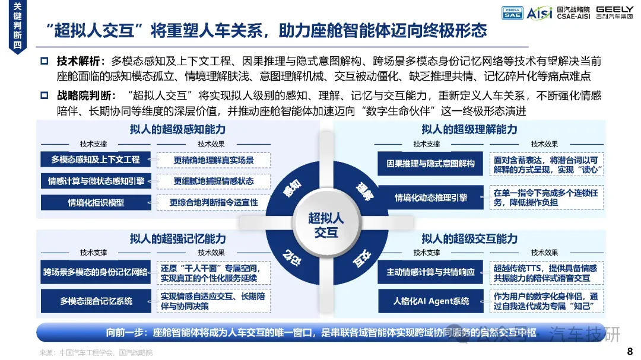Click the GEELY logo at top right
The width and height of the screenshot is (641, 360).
615,12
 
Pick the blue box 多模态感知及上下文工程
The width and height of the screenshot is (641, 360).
96,160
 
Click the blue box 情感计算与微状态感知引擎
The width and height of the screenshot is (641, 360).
96,181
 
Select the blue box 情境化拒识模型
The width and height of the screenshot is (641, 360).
96,202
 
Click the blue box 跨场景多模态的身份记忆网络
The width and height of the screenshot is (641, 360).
96,272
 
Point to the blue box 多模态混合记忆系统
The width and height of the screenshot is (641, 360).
96,301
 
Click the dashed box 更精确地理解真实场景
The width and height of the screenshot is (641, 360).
214,160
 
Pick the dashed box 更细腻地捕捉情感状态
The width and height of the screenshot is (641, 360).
214,181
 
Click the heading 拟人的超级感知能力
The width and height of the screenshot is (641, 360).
177,129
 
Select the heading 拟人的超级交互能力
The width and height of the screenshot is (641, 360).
469,239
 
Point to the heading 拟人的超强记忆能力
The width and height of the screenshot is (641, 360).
177,239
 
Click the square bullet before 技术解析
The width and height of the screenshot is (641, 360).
44,60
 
